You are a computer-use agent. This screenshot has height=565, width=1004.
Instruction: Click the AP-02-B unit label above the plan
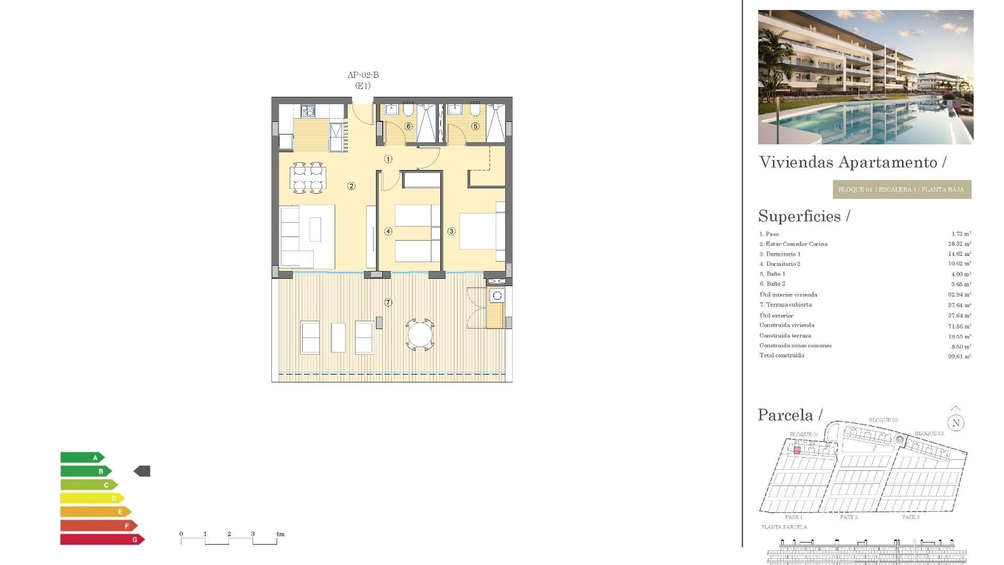tap(363, 75)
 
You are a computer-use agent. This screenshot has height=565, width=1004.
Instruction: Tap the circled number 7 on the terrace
tap(388, 302)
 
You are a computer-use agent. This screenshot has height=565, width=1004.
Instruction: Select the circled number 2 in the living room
tap(351, 186)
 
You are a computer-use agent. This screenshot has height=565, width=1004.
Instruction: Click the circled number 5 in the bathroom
tap(475, 126)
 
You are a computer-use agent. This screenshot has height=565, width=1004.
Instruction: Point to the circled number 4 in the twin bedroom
tap(388, 231)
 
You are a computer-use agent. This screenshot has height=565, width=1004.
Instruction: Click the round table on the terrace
tap(420, 334)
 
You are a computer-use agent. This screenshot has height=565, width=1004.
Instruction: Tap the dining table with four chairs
tap(308, 178)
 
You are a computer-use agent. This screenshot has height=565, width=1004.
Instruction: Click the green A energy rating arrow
tap(82, 458)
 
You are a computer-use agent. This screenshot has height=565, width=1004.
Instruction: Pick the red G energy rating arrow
tap(102, 539)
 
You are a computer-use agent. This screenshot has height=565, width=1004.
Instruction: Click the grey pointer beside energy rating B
tap(142, 471)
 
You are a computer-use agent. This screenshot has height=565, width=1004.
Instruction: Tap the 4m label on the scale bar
tap(280, 534)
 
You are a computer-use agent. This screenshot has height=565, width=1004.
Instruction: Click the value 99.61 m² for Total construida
tap(959, 356)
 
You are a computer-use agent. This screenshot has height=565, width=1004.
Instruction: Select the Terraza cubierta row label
tap(786, 304)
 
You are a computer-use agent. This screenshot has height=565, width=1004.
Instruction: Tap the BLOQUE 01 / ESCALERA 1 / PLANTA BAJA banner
tap(902, 189)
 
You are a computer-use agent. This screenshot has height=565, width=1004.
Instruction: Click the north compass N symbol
tap(956, 423)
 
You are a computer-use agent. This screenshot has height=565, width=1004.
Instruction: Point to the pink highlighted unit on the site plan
tap(797, 450)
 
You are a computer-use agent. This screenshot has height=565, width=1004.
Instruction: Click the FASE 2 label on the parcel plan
tap(849, 517)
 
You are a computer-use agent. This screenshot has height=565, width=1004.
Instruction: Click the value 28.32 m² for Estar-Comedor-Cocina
tap(959, 244)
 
